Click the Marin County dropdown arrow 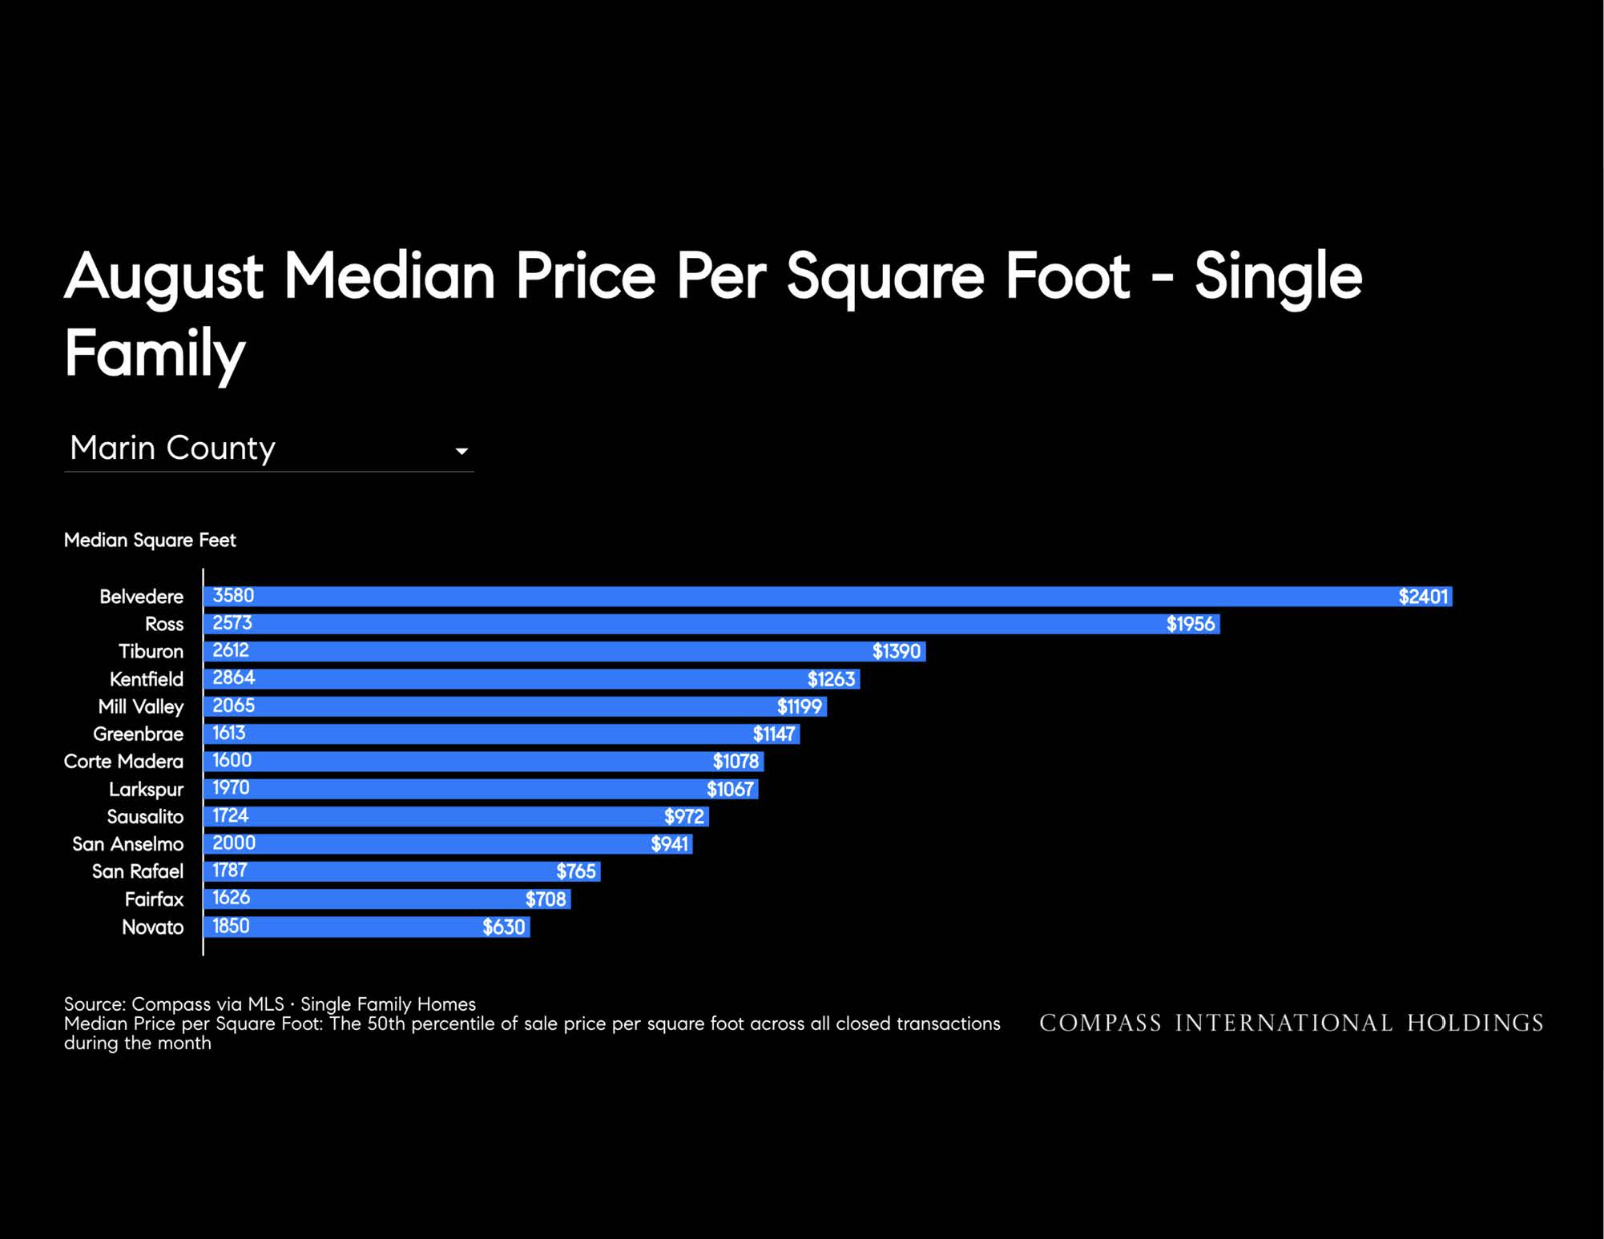[x=461, y=452]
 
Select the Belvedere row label [x=141, y=597]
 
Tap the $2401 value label [x=1423, y=597]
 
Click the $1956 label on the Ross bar [x=1191, y=624]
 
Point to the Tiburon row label [x=151, y=651]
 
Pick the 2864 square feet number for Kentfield [x=233, y=678]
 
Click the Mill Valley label [x=141, y=706]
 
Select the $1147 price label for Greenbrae [x=774, y=734]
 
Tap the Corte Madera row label [x=123, y=761]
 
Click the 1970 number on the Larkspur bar [x=231, y=787]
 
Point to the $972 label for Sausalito [x=684, y=816]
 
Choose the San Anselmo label [x=128, y=844]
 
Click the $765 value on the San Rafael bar [x=576, y=871]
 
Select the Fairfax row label [x=154, y=899]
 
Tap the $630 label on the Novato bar [x=503, y=927]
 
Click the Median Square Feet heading [x=150, y=541]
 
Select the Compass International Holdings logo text [x=1292, y=1023]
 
